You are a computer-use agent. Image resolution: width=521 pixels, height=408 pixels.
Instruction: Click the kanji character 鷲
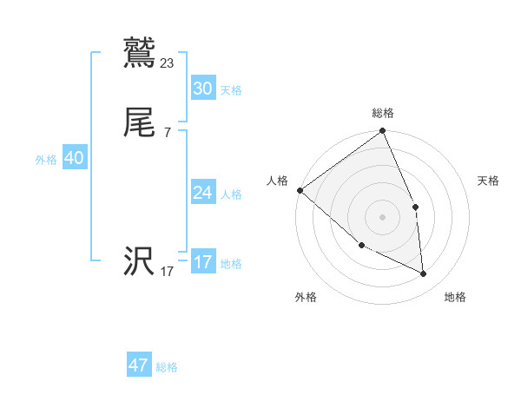140,54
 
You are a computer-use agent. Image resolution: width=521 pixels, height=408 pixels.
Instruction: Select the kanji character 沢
140,262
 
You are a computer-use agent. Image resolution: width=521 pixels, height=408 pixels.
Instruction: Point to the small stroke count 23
168,63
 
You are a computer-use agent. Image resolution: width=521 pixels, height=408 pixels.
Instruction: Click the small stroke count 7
168,132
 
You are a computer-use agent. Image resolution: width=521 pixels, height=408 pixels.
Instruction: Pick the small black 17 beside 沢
168,272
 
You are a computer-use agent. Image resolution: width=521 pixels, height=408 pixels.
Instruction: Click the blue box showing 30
202,89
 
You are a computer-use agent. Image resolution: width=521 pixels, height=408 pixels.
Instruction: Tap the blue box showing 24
202,193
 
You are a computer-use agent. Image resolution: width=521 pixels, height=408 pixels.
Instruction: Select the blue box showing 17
202,262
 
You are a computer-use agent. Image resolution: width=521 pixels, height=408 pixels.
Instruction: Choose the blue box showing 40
74,158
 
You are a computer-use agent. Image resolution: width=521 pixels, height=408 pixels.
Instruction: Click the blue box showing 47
139,365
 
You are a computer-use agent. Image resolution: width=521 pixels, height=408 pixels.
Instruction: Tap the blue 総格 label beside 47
167,367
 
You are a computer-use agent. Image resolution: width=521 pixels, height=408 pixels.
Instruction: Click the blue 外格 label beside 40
46,160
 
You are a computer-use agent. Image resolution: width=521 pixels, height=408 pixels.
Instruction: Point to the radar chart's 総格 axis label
383,113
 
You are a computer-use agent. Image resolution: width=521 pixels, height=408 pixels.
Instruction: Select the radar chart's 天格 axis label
489,181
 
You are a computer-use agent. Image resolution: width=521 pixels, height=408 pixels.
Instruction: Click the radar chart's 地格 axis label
455,297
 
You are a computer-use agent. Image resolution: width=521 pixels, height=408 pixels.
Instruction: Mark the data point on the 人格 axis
300,190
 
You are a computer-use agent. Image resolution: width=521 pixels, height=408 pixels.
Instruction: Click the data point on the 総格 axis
383,132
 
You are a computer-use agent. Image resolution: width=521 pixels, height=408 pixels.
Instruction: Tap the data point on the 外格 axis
361,246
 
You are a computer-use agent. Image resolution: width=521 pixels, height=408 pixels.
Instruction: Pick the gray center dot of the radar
383,216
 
